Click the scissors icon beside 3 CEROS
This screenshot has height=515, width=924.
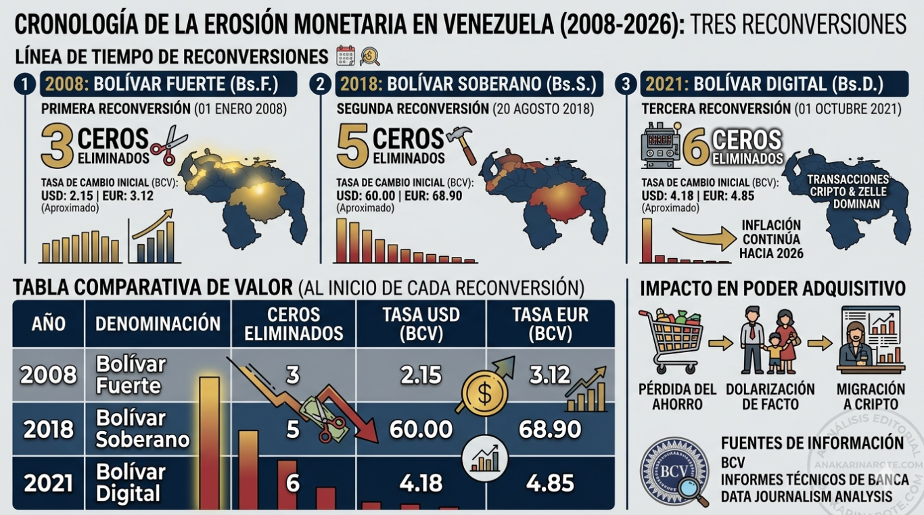pyautogui.click(x=163, y=145)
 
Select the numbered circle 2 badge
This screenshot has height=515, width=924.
pyautogui.click(x=320, y=84)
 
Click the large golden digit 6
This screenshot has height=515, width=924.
pyautogui.click(x=695, y=147)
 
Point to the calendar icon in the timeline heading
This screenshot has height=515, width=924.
pyautogui.click(x=346, y=55)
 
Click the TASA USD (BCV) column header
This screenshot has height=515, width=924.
pyautogui.click(x=421, y=324)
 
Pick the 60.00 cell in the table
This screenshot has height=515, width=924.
pyautogui.click(x=421, y=428)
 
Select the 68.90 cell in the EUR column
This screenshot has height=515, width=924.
pyautogui.click(x=550, y=428)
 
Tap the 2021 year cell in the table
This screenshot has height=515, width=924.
pyautogui.click(x=48, y=483)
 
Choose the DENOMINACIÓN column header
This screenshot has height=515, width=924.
pyautogui.click(x=158, y=324)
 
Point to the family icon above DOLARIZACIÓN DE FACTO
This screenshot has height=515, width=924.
pyautogui.click(x=770, y=339)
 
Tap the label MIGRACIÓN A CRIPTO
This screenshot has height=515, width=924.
pyautogui.click(x=871, y=397)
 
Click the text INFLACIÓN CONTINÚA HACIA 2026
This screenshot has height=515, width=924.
pyautogui.click(x=771, y=239)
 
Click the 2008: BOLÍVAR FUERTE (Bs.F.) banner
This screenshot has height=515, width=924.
pyautogui.click(x=169, y=84)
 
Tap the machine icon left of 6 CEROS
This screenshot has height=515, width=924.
pyautogui.click(x=660, y=145)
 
